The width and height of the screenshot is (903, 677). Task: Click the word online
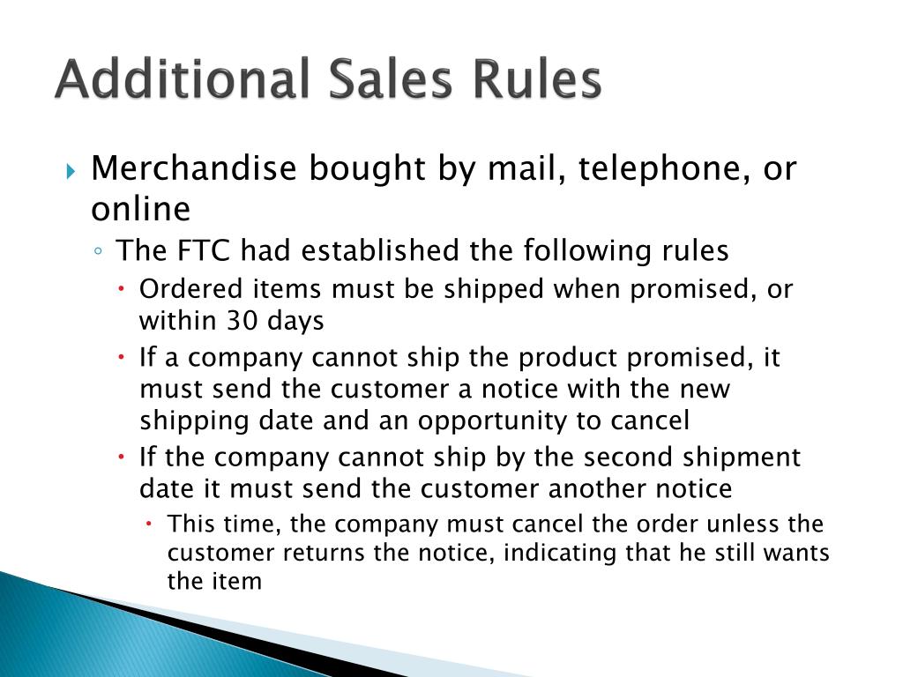[140, 210]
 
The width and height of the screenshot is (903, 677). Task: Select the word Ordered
[183, 289]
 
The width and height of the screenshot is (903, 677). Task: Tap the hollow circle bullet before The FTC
[99, 252]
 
